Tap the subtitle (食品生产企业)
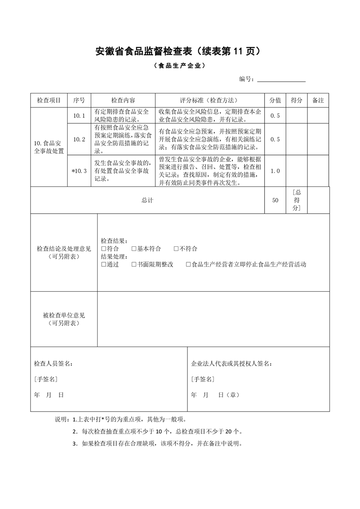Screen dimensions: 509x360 click(180, 66)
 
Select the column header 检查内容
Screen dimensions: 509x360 click(123, 100)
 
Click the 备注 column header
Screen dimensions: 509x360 click(318, 100)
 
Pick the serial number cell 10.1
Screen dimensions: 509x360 click(79, 116)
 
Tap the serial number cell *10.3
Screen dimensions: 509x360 click(79, 171)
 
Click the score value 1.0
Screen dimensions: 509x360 click(275, 171)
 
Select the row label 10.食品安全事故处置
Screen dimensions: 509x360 click(49, 147)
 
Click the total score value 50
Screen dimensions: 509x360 click(275, 200)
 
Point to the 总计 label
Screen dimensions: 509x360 click(147, 200)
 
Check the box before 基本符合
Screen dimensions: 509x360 click(134, 249)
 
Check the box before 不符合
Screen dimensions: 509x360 click(176, 249)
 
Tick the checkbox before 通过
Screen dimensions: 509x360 click(104, 264)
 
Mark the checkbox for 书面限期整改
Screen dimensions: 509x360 click(134, 264)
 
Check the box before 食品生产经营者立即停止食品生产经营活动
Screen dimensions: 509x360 click(188, 264)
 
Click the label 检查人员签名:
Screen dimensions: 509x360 click(53, 364)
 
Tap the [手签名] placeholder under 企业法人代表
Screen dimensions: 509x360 click(202, 379)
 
